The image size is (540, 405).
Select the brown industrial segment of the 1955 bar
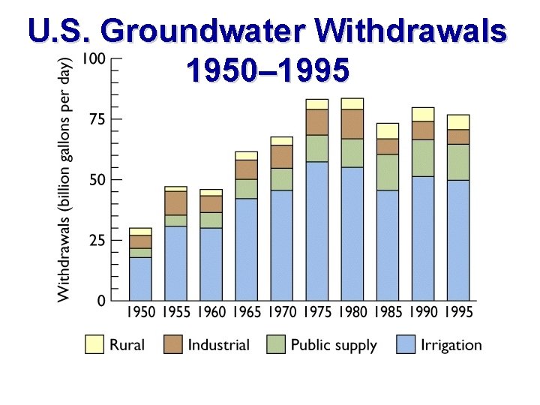click(x=176, y=202)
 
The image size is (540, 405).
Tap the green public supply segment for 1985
click(x=388, y=172)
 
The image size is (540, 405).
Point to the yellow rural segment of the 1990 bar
click(x=423, y=114)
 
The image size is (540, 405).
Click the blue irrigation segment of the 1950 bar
click(x=141, y=279)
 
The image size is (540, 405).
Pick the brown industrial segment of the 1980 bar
click(x=352, y=124)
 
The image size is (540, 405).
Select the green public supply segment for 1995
click(x=458, y=162)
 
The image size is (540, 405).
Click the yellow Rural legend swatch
click(x=94, y=344)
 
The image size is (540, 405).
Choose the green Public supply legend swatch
click(x=275, y=344)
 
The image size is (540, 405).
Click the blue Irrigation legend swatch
click(x=406, y=344)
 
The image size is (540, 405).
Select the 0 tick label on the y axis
click(x=100, y=301)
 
